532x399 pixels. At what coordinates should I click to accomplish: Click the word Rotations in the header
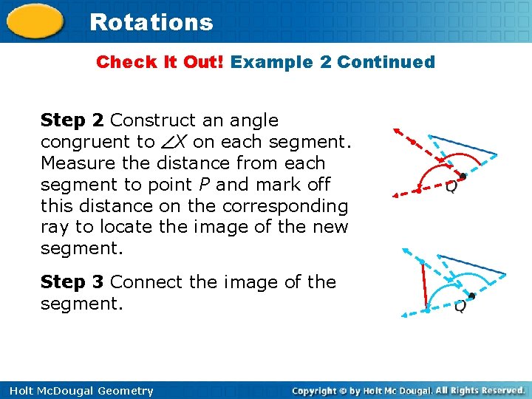151,22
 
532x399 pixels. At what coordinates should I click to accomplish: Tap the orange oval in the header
35,21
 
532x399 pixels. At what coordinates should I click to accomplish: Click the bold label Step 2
72,120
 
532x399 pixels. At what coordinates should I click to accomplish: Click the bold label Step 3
72,282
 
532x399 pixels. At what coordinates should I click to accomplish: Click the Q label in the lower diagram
460,306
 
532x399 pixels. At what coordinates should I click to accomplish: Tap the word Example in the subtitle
272,62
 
